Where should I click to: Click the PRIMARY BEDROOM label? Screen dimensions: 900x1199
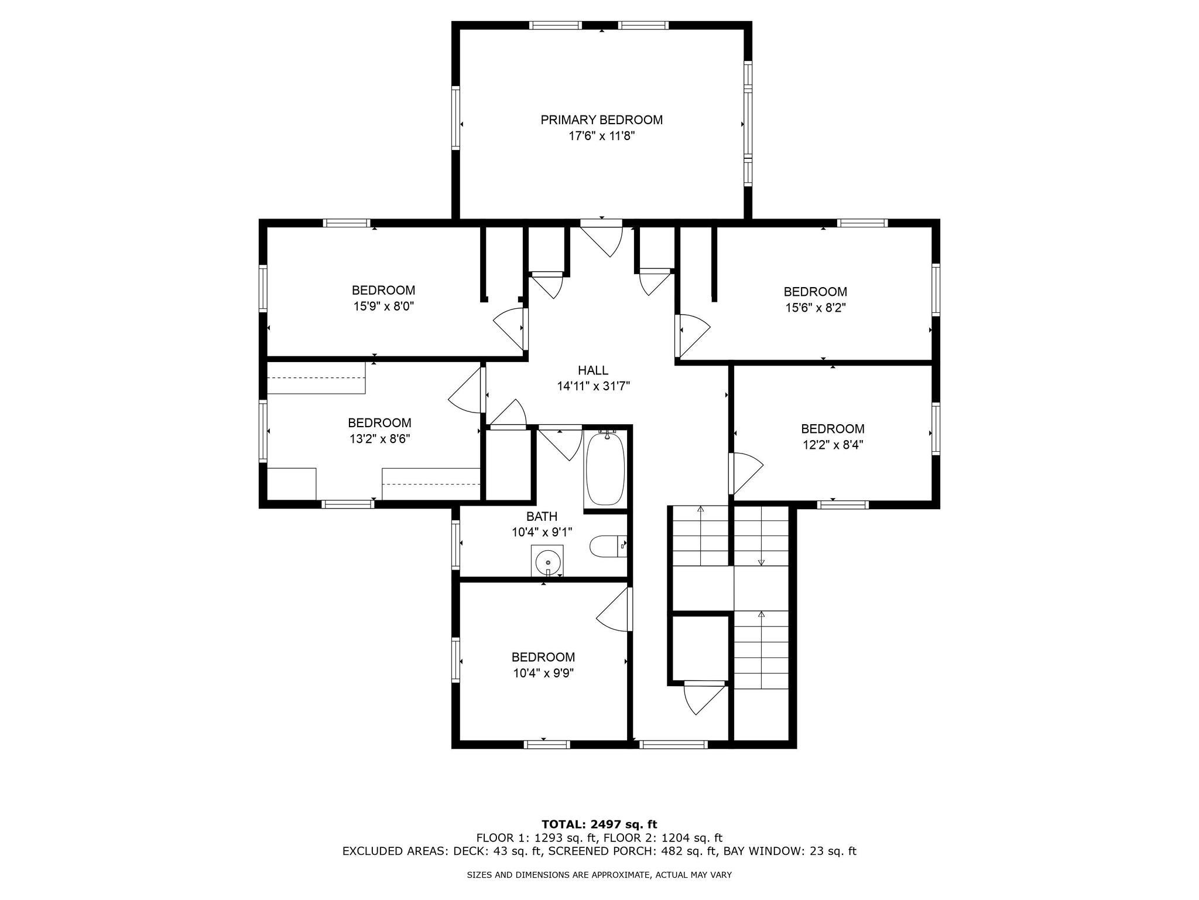601,120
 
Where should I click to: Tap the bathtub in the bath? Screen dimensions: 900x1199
605,468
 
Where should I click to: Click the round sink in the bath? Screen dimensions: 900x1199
547,562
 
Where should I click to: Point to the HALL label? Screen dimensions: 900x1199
592,370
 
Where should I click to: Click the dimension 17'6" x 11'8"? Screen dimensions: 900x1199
601,137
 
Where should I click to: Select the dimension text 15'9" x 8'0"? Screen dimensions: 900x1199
383,306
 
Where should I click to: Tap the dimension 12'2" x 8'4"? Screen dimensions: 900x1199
833,445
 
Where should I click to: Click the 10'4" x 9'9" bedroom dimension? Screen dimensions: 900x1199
543,673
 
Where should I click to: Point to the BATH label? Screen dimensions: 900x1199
542,516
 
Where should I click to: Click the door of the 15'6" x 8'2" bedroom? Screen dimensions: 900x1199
693,334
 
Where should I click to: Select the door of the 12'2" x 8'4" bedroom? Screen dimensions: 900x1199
746,472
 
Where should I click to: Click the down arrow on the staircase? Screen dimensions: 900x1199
761,561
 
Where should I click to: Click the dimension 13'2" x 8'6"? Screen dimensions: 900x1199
379,439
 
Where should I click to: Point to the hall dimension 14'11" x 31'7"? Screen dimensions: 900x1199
592,386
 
